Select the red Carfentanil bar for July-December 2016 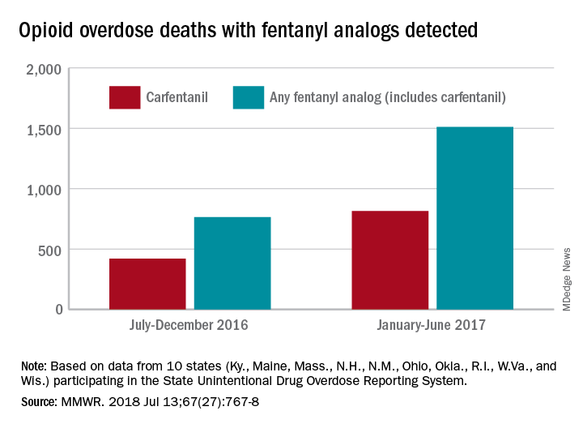coord(147,284)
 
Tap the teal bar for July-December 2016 coord(232,263)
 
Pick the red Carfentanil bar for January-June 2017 coord(390,259)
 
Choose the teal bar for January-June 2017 coord(474,218)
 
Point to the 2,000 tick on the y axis coord(44,69)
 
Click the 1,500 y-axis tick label coord(44,129)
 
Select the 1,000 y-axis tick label coord(44,189)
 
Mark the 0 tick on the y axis coord(57,309)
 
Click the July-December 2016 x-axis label coord(189,326)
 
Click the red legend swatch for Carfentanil coord(124,97)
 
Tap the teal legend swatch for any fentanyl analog coord(248,97)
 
